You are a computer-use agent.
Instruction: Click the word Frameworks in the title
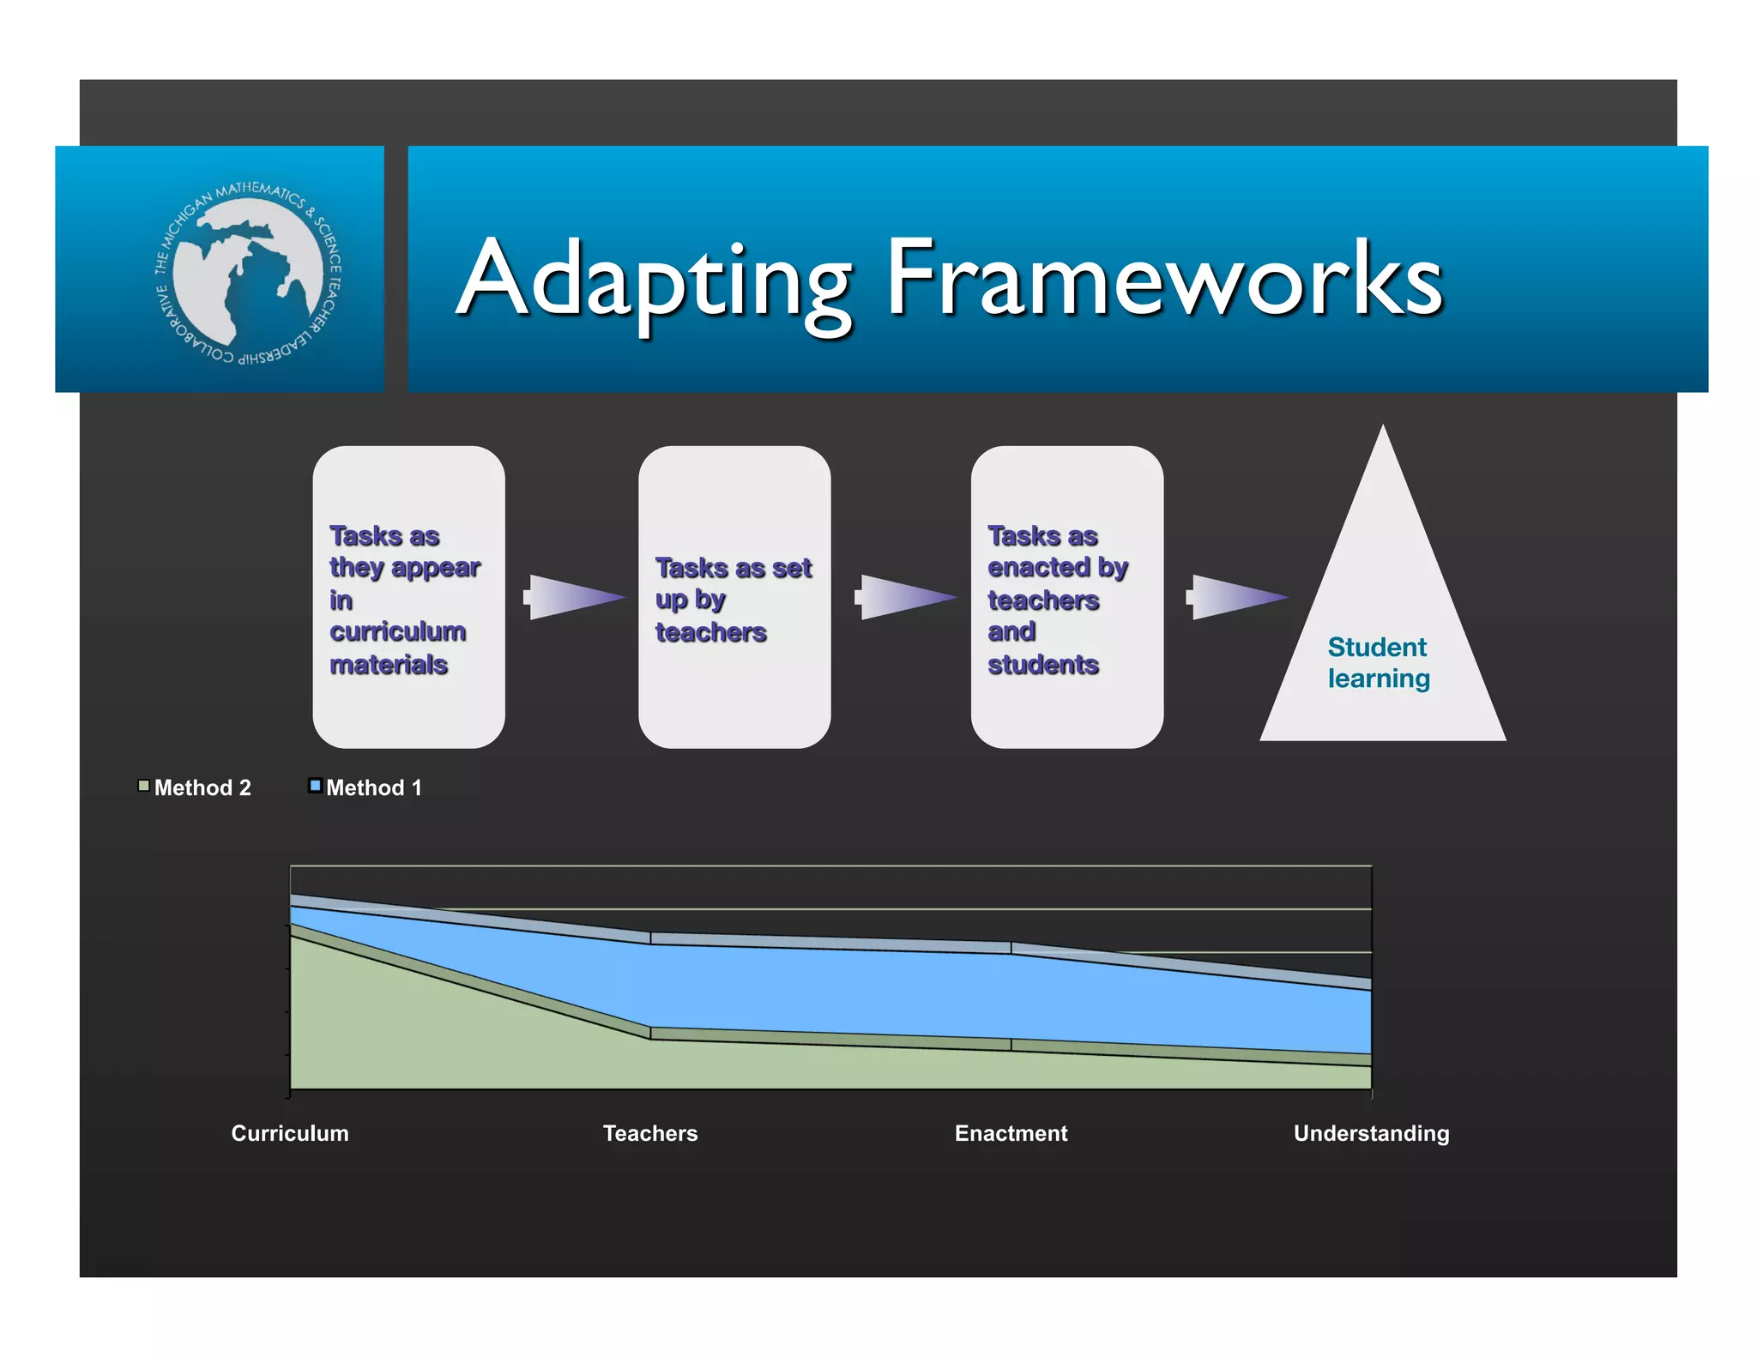1163,279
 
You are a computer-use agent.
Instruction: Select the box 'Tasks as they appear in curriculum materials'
408,596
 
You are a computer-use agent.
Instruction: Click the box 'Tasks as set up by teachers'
734,596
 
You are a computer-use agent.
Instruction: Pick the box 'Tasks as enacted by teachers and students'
1066,596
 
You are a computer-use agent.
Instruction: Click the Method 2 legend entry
195,787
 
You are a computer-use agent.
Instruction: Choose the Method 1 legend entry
366,787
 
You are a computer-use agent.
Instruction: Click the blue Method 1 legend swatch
315,785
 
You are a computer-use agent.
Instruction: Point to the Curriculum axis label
290,1133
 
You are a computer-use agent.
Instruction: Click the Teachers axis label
650,1133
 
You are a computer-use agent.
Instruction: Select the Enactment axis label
1011,1133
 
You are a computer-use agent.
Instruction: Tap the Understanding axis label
1371,1133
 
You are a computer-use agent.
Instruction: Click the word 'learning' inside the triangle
1379,678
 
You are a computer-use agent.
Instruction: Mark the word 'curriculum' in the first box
397,632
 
